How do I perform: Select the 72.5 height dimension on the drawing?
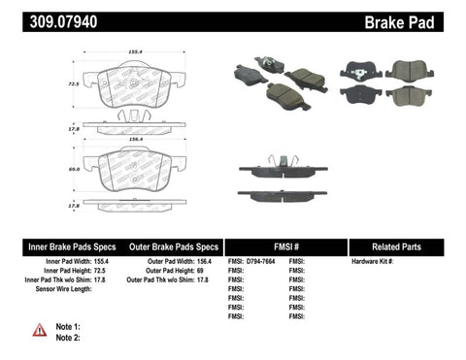[x=72, y=83]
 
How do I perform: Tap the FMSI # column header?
[x=285, y=246]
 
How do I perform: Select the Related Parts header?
[x=407, y=246]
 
